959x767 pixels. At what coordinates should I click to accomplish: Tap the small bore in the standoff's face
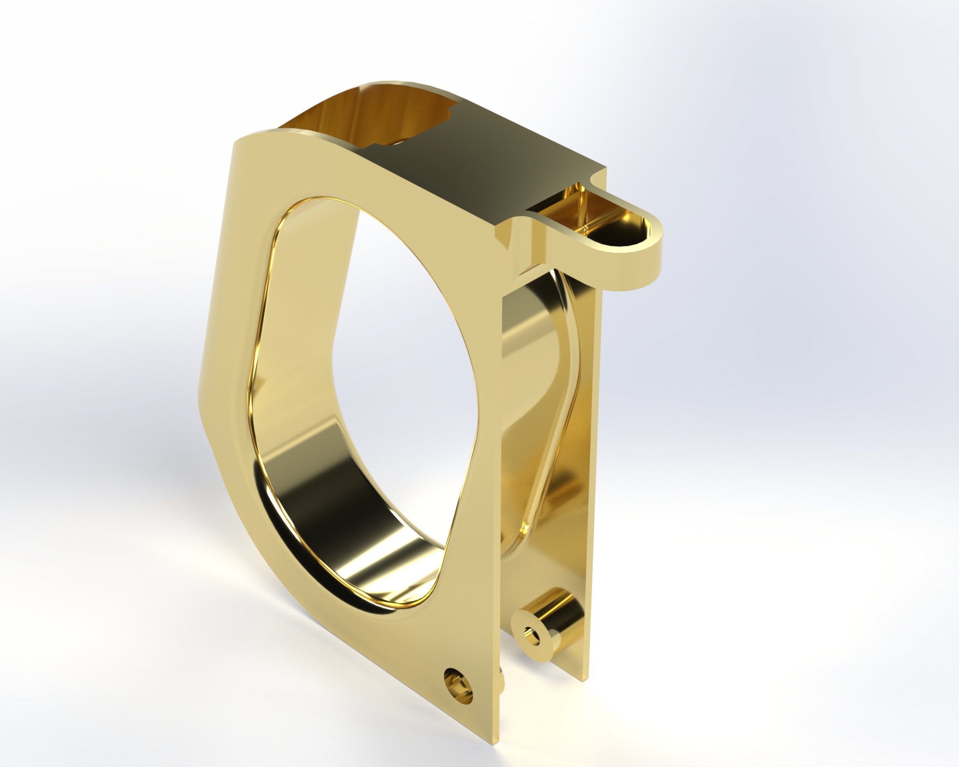529,631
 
